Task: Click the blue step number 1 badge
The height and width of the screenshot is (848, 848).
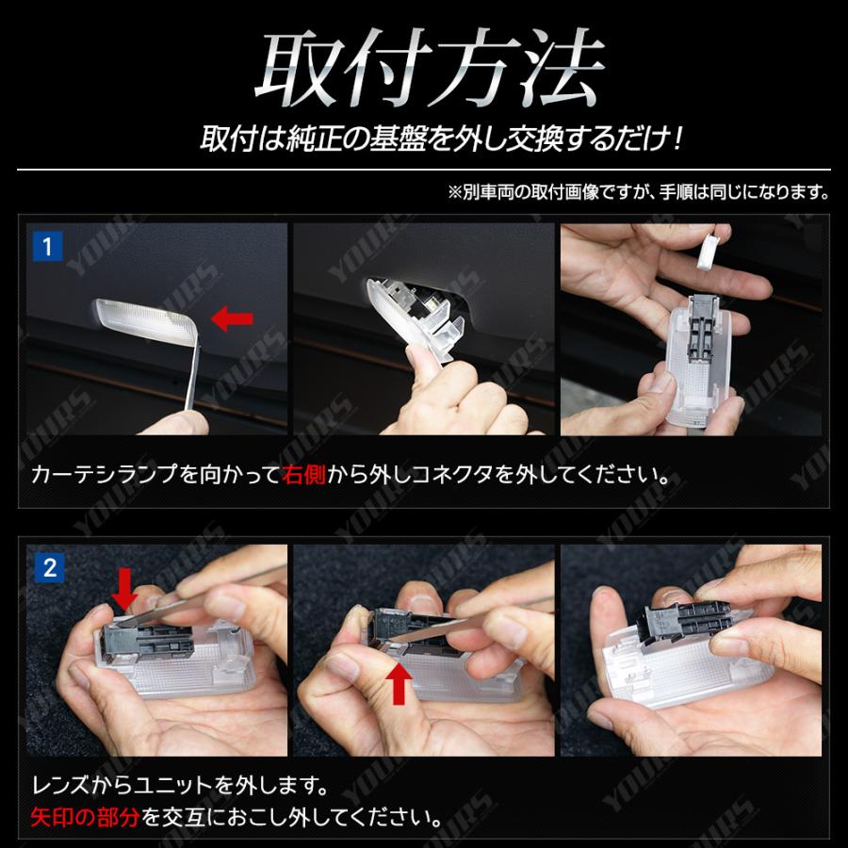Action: click(x=48, y=247)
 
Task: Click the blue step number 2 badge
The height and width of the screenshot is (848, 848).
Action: click(x=50, y=568)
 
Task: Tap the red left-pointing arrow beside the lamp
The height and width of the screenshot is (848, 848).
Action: click(x=232, y=318)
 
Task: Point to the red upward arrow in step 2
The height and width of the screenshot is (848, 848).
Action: click(x=399, y=684)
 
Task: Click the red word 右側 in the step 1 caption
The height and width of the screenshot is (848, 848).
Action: click(x=303, y=475)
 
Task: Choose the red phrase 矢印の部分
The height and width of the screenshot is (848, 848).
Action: click(x=85, y=817)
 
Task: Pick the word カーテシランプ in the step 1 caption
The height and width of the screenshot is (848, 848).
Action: click(x=104, y=475)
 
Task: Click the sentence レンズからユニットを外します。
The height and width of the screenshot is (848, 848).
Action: click(x=180, y=785)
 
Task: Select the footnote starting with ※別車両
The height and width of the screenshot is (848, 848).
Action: click(x=638, y=191)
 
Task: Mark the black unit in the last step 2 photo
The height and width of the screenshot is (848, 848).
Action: click(x=684, y=617)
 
